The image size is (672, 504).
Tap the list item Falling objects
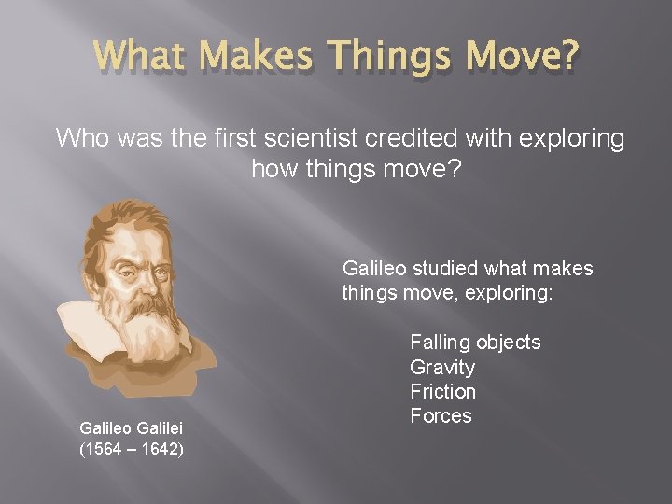[x=475, y=343]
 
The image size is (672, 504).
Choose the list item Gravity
[x=442, y=367]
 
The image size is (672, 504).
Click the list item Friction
[x=442, y=391]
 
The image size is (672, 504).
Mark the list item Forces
[x=441, y=415]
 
